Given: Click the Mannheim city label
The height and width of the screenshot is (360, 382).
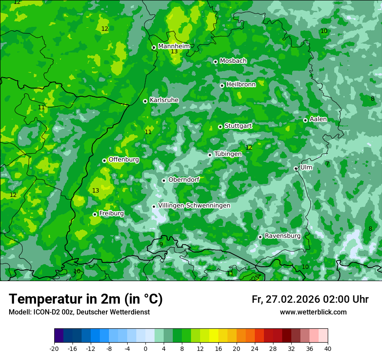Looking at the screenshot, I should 174,46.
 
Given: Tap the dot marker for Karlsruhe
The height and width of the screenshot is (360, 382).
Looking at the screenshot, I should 145,101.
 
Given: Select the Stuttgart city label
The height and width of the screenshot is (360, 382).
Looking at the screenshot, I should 238,126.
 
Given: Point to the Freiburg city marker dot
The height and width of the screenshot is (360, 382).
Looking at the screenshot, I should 95,214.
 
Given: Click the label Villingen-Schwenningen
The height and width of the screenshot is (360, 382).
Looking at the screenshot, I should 194,206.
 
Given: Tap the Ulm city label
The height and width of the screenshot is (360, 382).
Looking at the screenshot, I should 306,167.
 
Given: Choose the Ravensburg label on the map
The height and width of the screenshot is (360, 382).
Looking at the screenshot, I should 283,236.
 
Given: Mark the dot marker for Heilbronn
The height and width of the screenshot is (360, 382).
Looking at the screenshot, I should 222,85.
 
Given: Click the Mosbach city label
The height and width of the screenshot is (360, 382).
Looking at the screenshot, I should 233,61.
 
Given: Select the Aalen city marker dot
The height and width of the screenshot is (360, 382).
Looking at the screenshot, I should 305,120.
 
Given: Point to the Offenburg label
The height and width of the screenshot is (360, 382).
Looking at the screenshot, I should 124,160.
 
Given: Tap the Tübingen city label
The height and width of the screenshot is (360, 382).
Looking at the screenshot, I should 228,154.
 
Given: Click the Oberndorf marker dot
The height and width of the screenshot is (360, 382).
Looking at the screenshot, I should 164,180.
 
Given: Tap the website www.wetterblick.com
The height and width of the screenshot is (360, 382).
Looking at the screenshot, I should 313,312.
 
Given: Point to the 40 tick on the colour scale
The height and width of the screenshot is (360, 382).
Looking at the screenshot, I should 328,348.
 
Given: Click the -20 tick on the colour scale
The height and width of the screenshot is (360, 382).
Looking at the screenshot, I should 54,348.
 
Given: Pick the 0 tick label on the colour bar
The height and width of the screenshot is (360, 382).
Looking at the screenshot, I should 145,348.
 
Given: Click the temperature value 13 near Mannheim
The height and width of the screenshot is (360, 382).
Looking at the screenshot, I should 174,52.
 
